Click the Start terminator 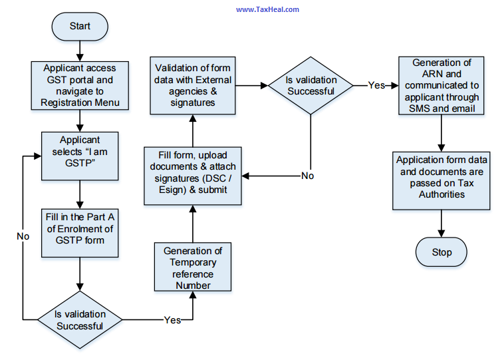[80, 27]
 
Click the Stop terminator [441, 252]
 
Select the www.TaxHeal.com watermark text [267, 9]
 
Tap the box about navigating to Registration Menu [79, 85]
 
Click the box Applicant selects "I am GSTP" [79, 155]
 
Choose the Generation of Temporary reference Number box [193, 267]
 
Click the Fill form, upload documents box [192, 176]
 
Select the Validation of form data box [193, 85]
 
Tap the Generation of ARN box [441, 85]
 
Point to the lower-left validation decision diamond [80, 319]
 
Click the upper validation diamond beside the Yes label [311, 85]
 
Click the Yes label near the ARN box [377, 85]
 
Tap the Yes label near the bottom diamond [172, 320]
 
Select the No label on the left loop [23, 236]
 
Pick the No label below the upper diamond [308, 176]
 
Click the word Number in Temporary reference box [192, 285]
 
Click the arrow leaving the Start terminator [80, 49]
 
